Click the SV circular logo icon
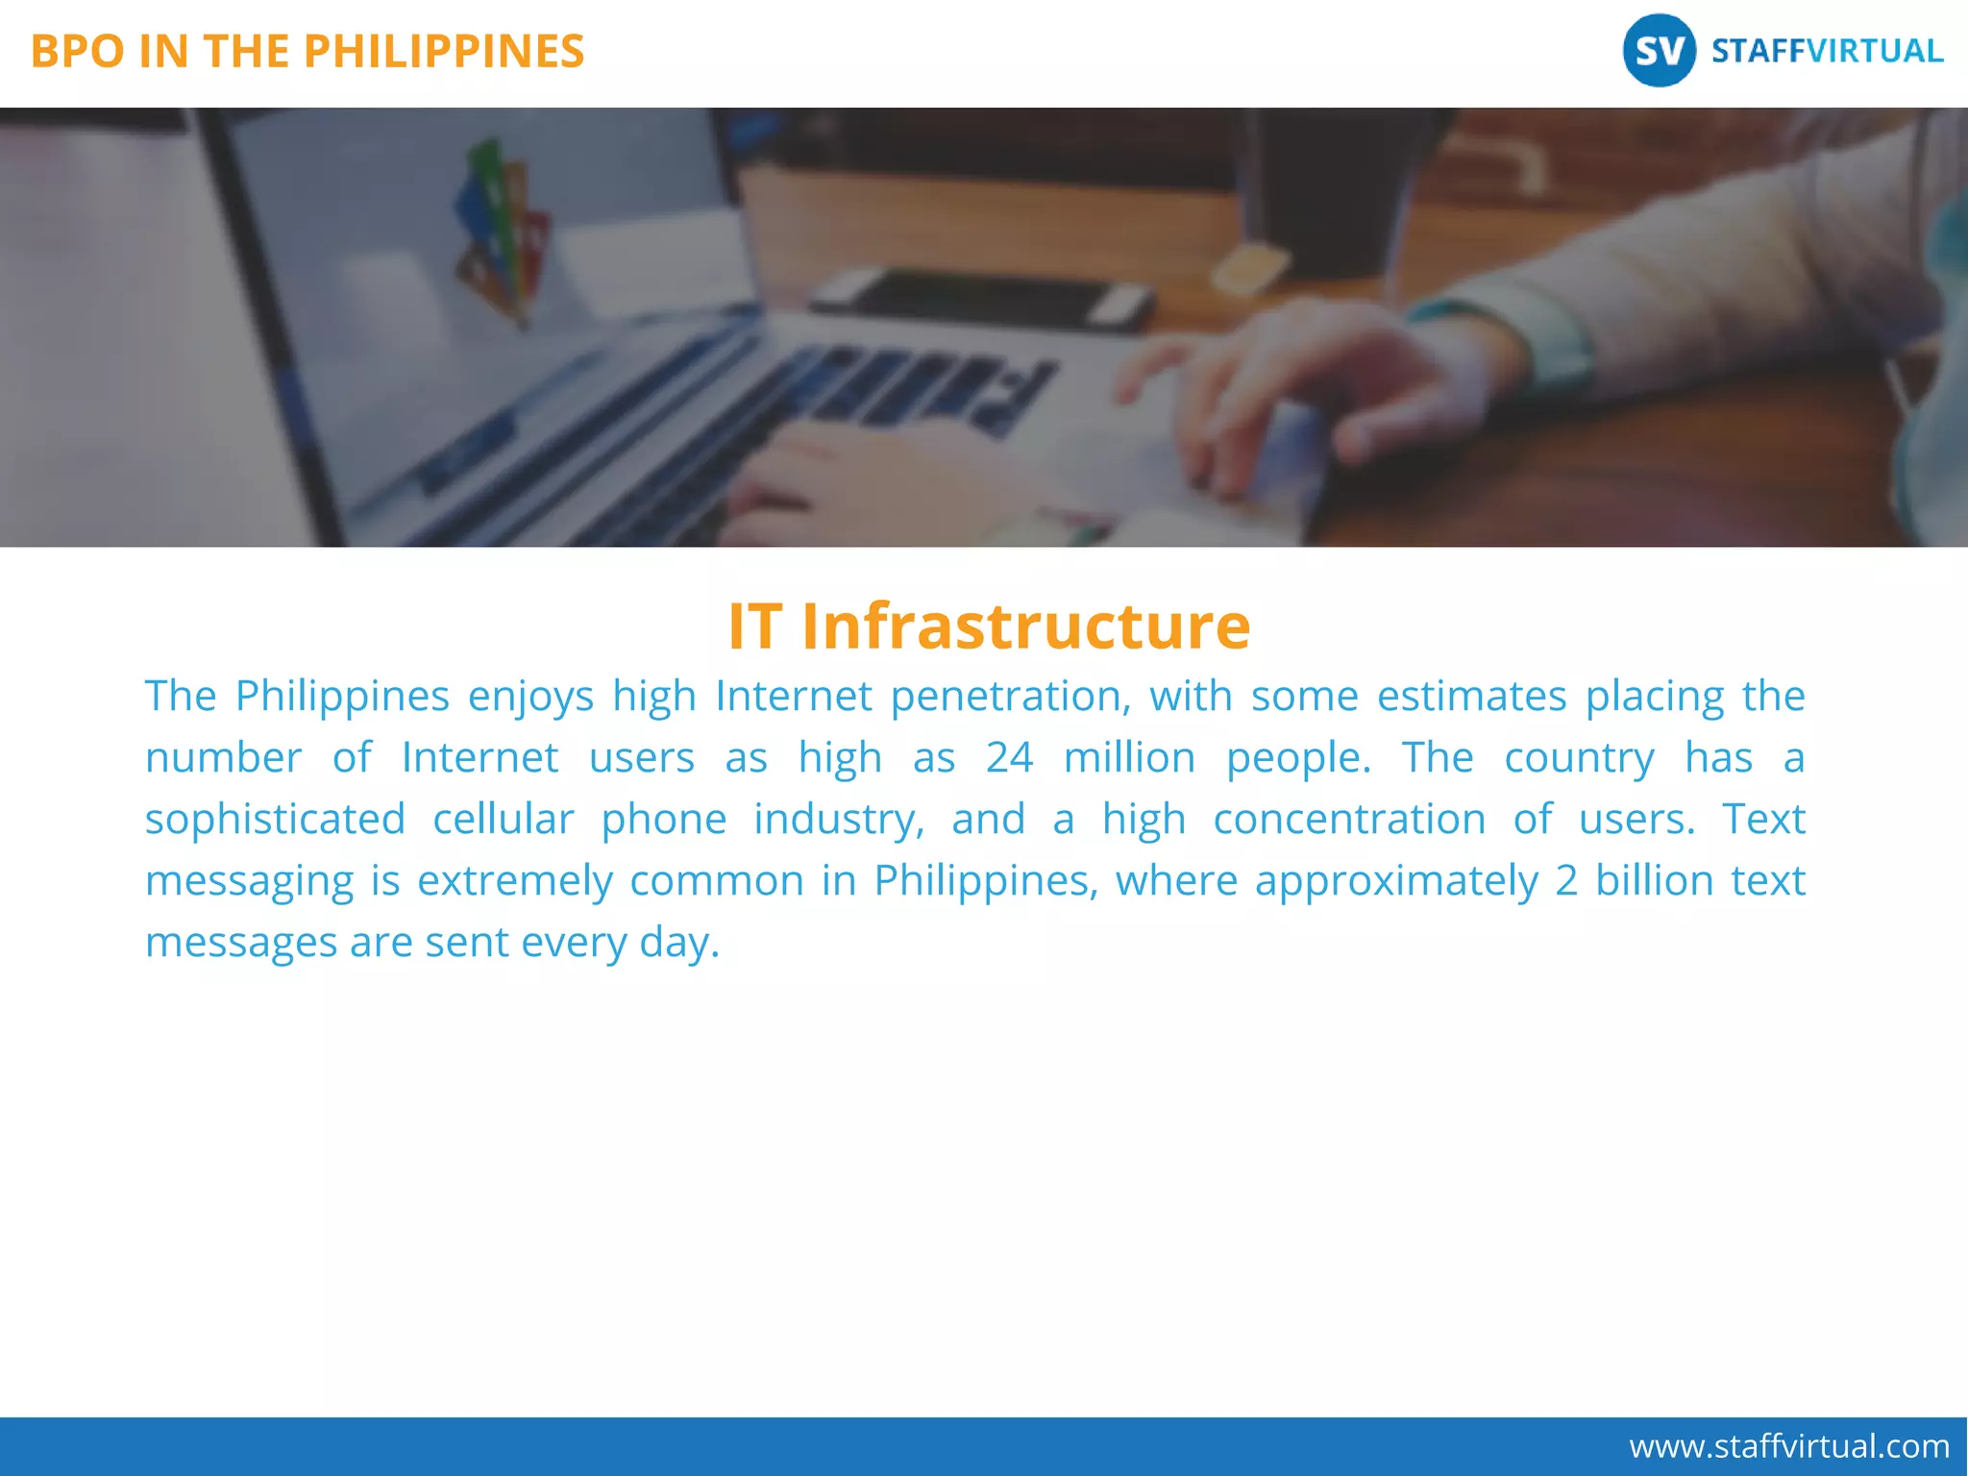tap(1659, 51)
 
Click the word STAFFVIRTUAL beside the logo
tap(1827, 51)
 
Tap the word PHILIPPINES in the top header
tap(444, 52)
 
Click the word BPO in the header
tap(78, 52)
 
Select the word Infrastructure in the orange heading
tap(1025, 627)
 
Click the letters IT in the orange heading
tap(755, 627)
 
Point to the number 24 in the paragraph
tap(1009, 758)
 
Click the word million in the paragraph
tap(1129, 758)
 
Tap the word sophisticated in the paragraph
tap(275, 820)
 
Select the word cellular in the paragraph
tap(503, 820)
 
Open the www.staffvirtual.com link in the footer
tap(1788, 1446)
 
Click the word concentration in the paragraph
tap(1349, 820)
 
